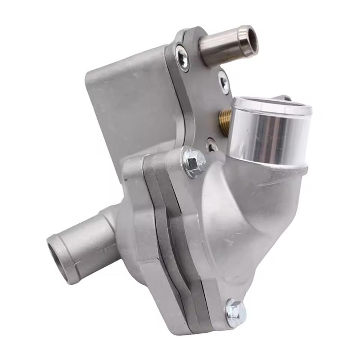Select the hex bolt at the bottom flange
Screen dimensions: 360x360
point(236,312)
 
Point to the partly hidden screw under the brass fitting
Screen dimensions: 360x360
point(212,145)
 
